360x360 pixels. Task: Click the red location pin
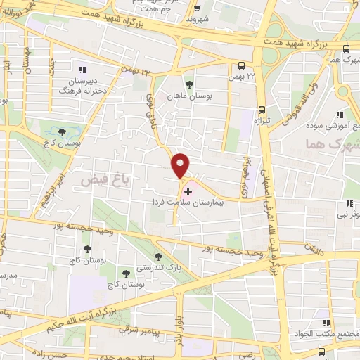coord(181,165)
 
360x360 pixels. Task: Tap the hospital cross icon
coord(187,191)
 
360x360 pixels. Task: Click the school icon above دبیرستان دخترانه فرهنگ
coord(82,70)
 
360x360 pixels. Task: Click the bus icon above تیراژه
coord(262,110)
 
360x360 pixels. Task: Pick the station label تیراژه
coord(262,120)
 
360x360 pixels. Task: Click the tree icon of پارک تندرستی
coord(158,256)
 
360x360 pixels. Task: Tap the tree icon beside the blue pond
coord(63,131)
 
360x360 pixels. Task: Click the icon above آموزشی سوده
coord(339,115)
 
